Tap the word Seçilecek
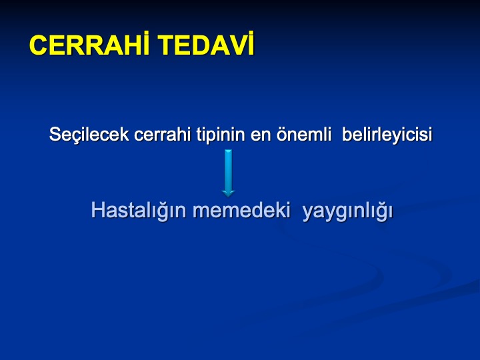(x=89, y=135)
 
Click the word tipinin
(x=221, y=135)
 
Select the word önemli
(x=304, y=135)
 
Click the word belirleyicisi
(x=387, y=135)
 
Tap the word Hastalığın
(x=139, y=211)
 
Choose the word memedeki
(x=241, y=210)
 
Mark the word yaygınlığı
(x=347, y=211)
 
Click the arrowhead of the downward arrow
(x=228, y=193)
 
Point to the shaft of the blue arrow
(x=228, y=170)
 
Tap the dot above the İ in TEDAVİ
(x=251, y=33)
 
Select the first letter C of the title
(x=39, y=45)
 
